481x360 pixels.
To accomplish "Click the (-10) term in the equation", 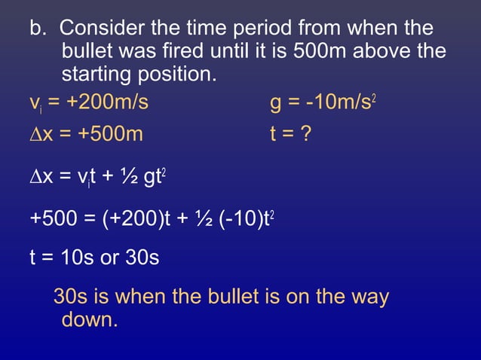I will (x=234, y=218).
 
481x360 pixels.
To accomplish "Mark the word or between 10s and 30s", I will (x=110, y=258).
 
